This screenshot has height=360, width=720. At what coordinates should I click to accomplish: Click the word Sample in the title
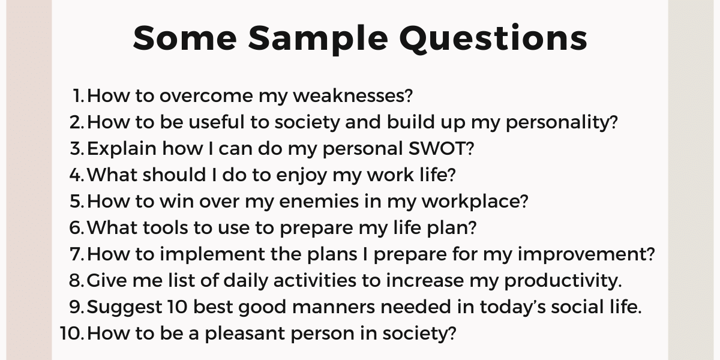coord(318,39)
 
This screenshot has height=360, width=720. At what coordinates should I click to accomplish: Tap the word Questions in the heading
coord(493,38)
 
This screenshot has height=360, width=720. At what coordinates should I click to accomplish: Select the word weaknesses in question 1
coord(353,96)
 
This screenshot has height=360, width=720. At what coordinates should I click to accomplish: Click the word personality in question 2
coord(562,123)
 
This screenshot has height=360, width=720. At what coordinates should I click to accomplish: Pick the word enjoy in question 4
coord(301,176)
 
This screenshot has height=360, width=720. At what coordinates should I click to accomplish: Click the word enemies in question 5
coord(319,201)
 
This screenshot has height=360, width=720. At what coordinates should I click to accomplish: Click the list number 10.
coord(72,333)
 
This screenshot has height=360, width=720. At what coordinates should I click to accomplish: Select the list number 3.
coord(77,149)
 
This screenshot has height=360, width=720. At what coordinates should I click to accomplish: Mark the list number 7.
coord(77,254)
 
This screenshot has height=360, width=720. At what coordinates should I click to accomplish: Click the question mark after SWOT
coord(470,149)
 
